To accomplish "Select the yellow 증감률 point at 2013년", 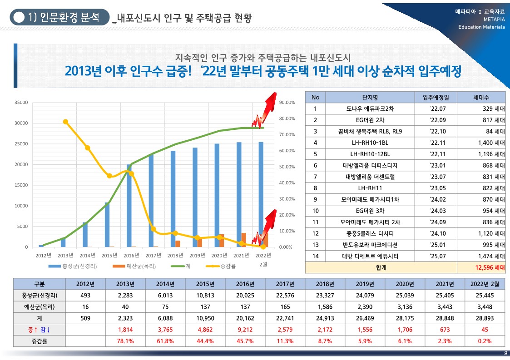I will (65, 122).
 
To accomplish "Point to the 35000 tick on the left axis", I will (21, 103).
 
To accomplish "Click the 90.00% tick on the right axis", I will (287, 103).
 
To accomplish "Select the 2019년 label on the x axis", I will (198, 255).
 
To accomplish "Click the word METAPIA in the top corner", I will (494, 19).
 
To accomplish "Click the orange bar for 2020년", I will (221, 241).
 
